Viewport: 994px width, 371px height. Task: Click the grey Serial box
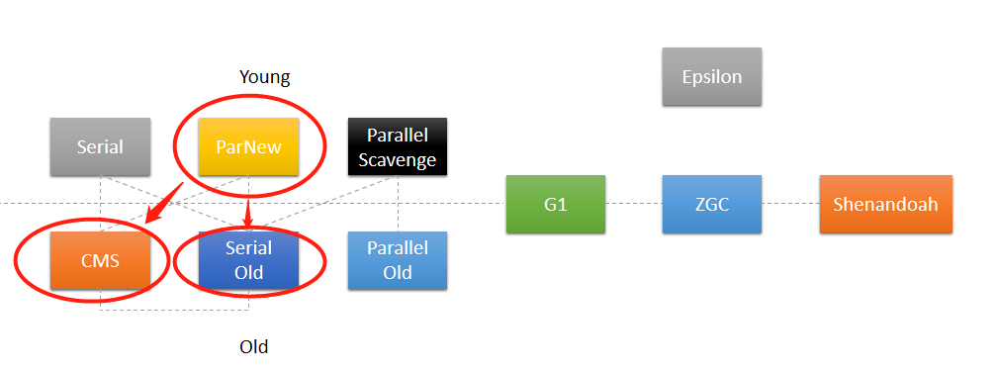[100, 147]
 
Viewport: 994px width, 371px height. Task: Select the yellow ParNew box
[248, 147]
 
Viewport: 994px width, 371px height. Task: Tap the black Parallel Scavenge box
[397, 147]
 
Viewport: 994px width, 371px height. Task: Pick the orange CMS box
[100, 261]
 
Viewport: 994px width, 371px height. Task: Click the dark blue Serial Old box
[248, 261]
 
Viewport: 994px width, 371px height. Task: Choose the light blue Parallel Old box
[397, 261]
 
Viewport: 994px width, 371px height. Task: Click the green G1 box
[555, 204]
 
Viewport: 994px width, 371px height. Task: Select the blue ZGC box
[712, 204]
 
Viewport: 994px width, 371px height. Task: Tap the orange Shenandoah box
[885, 204]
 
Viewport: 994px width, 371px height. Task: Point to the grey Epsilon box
[712, 76]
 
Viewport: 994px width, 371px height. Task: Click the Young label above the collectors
[265, 77]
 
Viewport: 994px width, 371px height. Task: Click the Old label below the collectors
[254, 346]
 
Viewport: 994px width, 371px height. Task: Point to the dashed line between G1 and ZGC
[633, 204]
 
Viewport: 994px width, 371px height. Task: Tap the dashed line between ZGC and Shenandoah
[790, 204]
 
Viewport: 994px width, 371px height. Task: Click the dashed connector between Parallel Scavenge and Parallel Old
[398, 204]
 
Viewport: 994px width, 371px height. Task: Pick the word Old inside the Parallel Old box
[398, 272]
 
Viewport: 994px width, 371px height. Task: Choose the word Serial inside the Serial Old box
[248, 249]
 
